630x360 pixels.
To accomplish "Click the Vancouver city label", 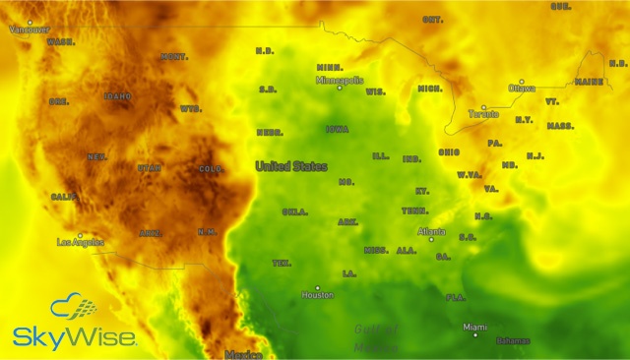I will pos(30,30).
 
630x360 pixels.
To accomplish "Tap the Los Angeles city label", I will pos(81,242).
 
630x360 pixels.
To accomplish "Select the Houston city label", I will pos(318,295).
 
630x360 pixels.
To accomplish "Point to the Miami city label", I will pos(475,327).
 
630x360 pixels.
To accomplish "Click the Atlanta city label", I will pos(431,231).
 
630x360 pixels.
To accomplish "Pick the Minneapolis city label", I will pos(340,80).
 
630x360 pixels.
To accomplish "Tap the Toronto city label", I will pos(483,114).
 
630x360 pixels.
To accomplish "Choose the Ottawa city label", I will pos(522,89).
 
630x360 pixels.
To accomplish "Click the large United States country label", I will pos(291,166).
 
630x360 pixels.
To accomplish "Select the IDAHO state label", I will pos(117,96).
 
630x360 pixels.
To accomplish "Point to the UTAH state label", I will pos(150,168).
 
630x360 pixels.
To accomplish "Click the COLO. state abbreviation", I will pos(212,169).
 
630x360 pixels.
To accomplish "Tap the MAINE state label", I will pos(590,82).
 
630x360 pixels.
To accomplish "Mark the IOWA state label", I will pos(337,129).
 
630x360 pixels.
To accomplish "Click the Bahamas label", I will pos(512,341).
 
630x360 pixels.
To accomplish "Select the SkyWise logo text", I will pos(75,337).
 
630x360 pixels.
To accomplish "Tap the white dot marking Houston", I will pos(317,287).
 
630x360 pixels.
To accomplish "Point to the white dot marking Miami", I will pos(475,334).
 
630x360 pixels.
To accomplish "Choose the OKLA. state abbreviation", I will pos(294,211).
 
